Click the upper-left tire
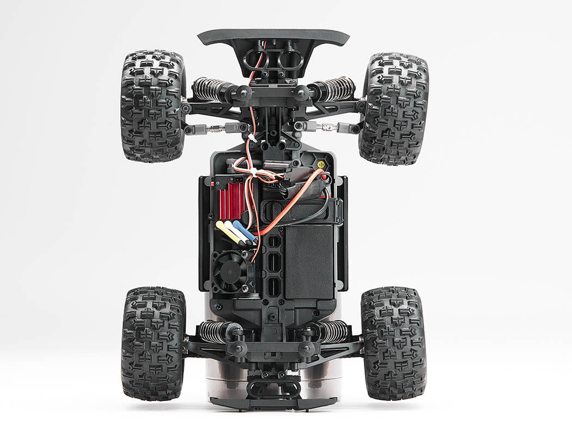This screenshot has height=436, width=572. click(x=153, y=106)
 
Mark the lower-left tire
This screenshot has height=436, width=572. click(x=153, y=343)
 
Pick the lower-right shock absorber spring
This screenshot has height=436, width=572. click(x=332, y=331)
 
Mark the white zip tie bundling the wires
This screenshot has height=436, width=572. click(x=252, y=172)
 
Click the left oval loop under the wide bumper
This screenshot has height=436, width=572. click(x=256, y=58)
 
